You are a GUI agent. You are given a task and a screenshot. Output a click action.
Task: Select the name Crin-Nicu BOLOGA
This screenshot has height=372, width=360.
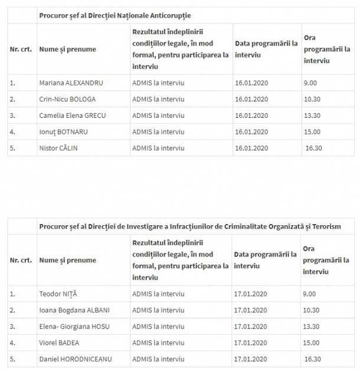[67, 99]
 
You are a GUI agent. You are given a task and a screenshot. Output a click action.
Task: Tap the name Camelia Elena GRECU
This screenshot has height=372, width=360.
[73, 116]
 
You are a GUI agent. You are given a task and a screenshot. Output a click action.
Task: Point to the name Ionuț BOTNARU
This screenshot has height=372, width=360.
[66, 131]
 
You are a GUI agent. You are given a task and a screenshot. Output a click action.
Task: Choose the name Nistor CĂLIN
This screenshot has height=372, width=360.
[58, 148]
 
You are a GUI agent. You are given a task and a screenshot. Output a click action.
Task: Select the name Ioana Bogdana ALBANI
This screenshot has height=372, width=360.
[74, 310]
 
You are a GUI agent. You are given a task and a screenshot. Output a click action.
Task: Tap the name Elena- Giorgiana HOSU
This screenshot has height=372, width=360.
[74, 326]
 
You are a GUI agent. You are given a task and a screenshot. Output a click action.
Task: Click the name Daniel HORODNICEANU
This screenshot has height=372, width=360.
[75, 358]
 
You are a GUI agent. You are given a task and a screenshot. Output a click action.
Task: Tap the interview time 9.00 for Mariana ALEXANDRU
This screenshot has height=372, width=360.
[310, 83]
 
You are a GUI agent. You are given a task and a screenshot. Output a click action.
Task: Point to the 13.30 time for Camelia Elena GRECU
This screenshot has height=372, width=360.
[312, 116]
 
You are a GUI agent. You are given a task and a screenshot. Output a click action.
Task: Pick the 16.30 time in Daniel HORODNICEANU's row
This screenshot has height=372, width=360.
[313, 358]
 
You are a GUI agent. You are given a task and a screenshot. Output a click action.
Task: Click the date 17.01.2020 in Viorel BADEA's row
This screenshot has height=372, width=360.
[251, 343]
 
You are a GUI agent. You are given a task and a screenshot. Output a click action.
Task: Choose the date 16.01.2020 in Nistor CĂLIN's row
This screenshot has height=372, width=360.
[251, 148]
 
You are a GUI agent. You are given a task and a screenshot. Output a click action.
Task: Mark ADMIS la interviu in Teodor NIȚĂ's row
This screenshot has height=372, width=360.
[158, 294]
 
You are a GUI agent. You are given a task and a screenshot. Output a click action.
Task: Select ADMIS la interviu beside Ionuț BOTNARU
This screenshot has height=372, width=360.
[158, 131]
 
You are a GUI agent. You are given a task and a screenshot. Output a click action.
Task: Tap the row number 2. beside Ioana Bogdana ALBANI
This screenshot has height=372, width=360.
[13, 310]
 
